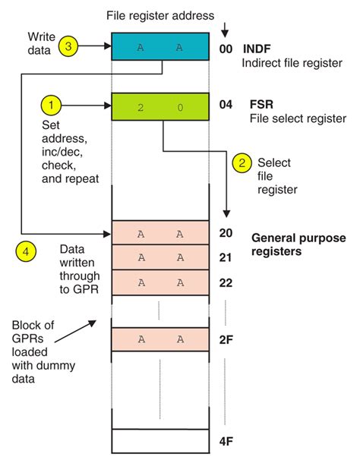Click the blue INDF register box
coord(159,47)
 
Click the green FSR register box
coord(159,107)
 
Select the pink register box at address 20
coord(159,233)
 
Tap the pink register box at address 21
coord(159,258)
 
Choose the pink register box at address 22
coord(159,283)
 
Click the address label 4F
coord(226,441)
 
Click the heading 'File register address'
coord(160,13)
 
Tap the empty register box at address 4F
coord(159,441)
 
